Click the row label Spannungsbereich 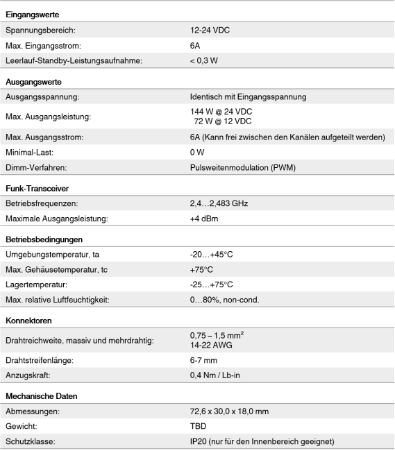pyautogui.click(x=40, y=31)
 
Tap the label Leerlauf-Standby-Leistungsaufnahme pyautogui.click(x=74, y=61)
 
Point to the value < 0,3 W pyautogui.click(x=204, y=61)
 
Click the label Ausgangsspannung pyautogui.click(x=42, y=97)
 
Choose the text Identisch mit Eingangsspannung pyautogui.click(x=248, y=97)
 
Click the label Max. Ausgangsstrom pyautogui.click(x=44, y=137)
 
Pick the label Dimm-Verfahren pyautogui.click(x=36, y=168)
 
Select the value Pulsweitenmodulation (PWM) pyautogui.click(x=242, y=168)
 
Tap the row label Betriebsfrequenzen pyautogui.click(x=42, y=204)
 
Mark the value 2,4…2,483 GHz pyautogui.click(x=219, y=204)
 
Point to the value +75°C pyautogui.click(x=201, y=270)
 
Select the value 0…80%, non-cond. pyautogui.click(x=224, y=300)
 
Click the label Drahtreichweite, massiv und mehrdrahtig pyautogui.click(x=79, y=341)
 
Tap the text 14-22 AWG pyautogui.click(x=211, y=345)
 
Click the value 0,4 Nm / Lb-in pyautogui.click(x=215, y=375)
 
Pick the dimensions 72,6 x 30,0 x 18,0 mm pyautogui.click(x=229, y=411)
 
